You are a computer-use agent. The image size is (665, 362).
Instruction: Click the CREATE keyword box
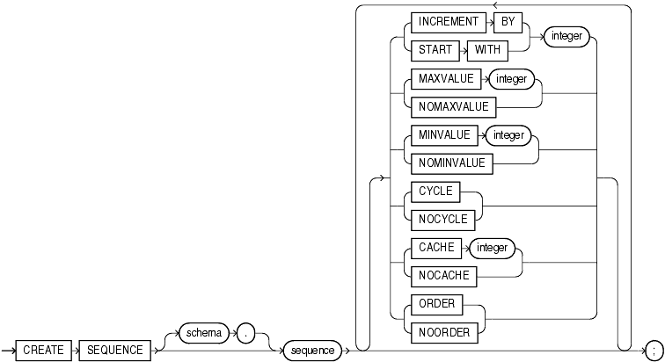43,350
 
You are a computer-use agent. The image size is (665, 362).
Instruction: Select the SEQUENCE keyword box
114,350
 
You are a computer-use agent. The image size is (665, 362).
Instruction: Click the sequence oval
313,350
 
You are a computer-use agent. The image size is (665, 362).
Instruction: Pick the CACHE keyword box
437,247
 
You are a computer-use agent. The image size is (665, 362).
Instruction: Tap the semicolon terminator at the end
652,350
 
